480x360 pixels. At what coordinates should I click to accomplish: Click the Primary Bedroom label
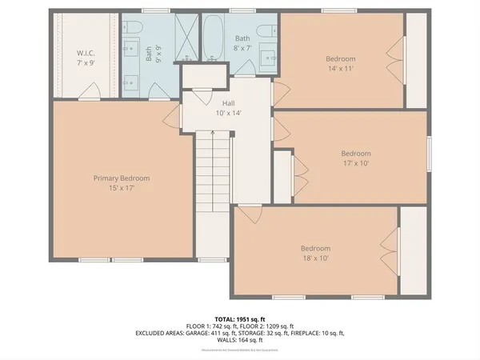(122, 183)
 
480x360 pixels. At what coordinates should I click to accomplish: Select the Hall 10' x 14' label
(228, 108)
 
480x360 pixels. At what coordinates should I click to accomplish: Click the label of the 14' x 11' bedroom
(342, 64)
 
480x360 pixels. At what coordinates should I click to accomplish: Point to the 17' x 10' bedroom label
(356, 158)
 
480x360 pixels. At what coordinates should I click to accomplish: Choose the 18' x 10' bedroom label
(315, 254)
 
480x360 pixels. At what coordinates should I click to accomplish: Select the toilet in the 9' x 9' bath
(134, 30)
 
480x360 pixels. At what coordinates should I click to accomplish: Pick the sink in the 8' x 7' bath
(268, 58)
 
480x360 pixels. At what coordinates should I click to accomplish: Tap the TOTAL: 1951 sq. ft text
(239, 319)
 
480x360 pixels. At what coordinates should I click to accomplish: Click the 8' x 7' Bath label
(243, 43)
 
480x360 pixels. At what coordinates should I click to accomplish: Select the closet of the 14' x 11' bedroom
(414, 59)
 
